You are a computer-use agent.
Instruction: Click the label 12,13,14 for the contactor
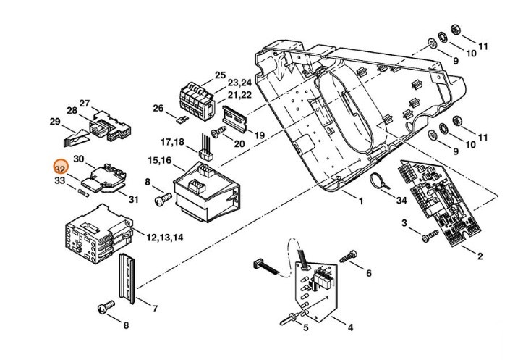point(165,238)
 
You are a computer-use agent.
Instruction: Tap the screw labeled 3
point(429,235)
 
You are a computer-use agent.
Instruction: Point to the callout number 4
point(350,327)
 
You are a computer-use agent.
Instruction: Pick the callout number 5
point(306,327)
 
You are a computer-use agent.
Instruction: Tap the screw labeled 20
point(218,133)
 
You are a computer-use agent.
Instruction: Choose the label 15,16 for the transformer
point(160,159)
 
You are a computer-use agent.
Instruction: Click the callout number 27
point(85,103)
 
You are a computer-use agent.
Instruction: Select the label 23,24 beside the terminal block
point(240,83)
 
